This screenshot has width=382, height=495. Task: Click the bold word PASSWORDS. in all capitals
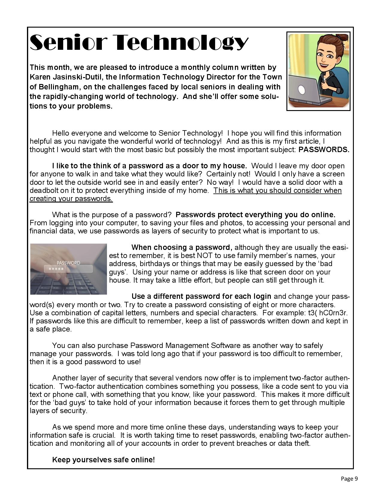(324, 150)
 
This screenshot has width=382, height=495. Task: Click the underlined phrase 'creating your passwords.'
(71, 199)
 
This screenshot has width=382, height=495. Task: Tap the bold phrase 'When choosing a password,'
(182, 247)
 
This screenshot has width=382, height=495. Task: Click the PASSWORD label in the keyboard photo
(68, 263)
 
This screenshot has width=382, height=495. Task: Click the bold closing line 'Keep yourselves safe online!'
(103, 460)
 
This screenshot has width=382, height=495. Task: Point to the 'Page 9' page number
(349, 478)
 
